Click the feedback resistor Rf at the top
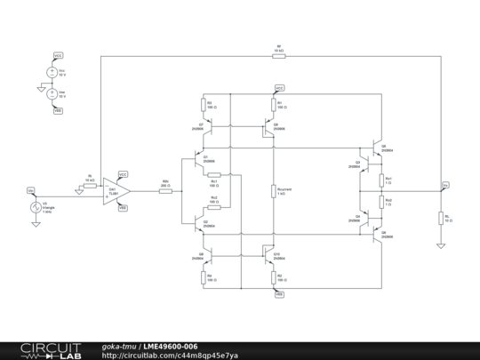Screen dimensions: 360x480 click(x=278, y=55)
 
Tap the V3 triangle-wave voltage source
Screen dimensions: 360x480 click(x=35, y=209)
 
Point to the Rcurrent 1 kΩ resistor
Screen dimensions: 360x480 click(x=275, y=190)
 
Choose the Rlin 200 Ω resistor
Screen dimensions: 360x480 click(x=165, y=191)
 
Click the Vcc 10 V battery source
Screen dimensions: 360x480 click(x=52, y=72)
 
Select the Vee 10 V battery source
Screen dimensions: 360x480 click(x=52, y=92)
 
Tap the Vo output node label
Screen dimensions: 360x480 click(x=445, y=185)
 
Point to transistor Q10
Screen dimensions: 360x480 click(x=268, y=256)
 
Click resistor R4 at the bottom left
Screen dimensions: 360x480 click(x=203, y=277)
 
